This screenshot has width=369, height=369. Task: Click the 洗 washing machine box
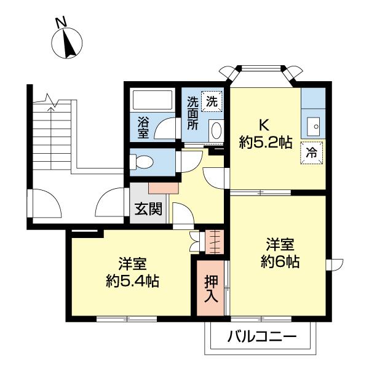211,100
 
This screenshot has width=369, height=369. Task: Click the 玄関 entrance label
148,209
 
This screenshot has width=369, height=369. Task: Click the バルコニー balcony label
261,338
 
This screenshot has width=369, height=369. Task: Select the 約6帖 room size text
280,262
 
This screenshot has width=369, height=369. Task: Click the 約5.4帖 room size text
132,281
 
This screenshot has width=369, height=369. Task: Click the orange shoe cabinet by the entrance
163,186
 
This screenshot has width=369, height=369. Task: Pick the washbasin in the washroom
216,130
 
